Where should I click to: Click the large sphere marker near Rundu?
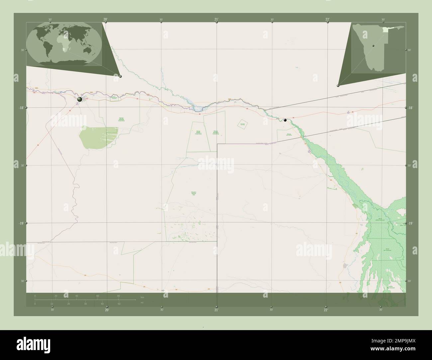(80, 99)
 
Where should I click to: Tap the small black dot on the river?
(285, 120)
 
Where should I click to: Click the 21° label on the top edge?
(216, 20)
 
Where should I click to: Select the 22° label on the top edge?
(328, 20)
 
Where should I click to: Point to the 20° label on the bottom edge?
(107, 310)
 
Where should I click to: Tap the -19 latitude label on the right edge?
(410, 224)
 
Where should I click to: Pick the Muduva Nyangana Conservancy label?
(216, 133)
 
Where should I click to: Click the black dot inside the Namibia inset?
(373, 46)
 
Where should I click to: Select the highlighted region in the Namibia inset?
(385, 30)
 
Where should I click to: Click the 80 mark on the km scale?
(118, 296)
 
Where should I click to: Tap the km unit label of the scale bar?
(142, 297)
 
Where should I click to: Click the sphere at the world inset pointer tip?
(120, 76)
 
